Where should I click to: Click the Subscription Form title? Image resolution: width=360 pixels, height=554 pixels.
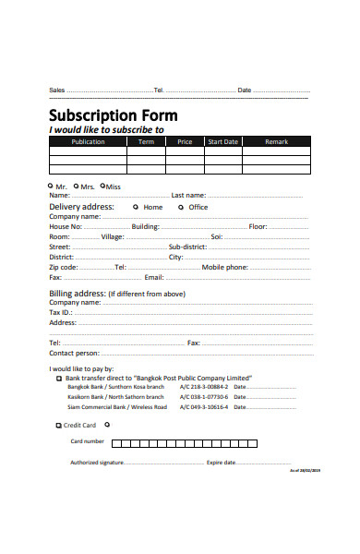[x=113, y=115]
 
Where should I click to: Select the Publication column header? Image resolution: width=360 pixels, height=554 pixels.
[x=88, y=142]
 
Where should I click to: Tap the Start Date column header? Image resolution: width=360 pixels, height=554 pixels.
[x=222, y=142]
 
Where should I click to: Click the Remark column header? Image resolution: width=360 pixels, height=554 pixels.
[x=276, y=142]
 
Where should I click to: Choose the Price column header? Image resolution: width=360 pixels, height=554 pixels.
[x=185, y=142]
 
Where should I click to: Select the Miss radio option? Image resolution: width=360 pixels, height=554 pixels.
[x=103, y=186]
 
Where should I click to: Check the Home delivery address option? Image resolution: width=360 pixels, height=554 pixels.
[x=137, y=207]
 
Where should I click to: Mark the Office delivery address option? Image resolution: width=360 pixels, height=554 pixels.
[x=182, y=207]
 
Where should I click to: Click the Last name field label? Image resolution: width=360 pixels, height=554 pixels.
[x=188, y=196]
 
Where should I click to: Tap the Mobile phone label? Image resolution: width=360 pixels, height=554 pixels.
[x=225, y=267]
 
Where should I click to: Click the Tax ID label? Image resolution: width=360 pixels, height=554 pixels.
[x=61, y=312]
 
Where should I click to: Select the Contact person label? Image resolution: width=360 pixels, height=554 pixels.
[x=74, y=353]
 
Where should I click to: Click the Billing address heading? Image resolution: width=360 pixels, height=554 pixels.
[x=78, y=293]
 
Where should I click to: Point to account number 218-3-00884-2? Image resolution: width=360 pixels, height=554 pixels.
[x=203, y=387]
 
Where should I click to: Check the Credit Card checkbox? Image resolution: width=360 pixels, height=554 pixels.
[x=58, y=425]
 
